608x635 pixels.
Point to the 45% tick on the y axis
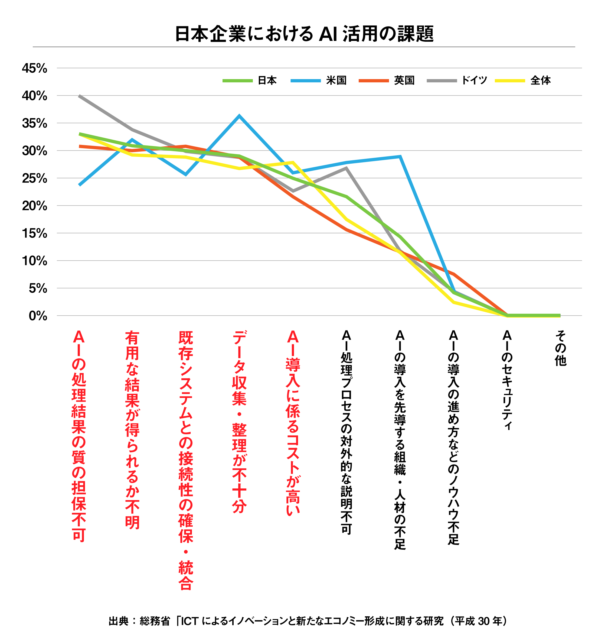(34, 68)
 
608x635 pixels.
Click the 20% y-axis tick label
(34, 206)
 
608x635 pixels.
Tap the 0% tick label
(38, 316)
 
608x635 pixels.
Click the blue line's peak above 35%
(239, 116)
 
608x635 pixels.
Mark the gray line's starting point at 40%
(79, 96)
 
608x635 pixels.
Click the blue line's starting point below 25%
(79, 185)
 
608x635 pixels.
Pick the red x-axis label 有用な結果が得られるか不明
(132, 429)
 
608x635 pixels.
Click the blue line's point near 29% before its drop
(400, 157)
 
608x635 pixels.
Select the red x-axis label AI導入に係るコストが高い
(293, 423)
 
